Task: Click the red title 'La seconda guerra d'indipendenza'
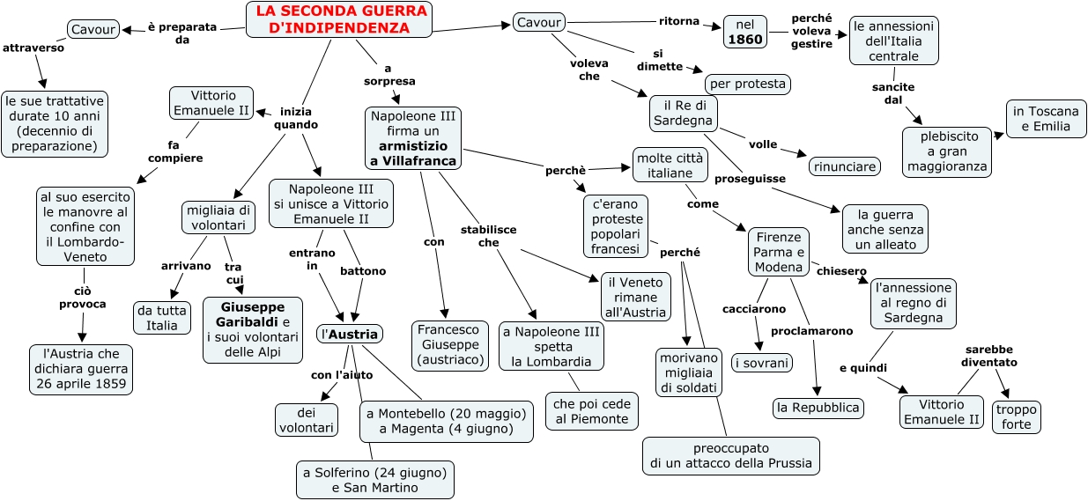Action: (340, 19)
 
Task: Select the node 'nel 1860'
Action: (745, 32)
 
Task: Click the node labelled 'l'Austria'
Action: (350, 334)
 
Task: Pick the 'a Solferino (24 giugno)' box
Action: (375, 480)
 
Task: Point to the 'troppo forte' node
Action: (1017, 416)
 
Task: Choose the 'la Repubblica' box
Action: (818, 408)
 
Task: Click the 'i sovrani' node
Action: (762, 362)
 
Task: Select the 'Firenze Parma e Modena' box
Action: (779, 253)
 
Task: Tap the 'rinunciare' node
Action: (845, 166)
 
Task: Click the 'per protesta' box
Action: (747, 84)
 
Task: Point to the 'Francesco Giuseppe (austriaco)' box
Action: (450, 345)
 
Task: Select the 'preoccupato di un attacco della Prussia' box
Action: (731, 456)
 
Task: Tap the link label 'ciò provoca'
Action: (84, 298)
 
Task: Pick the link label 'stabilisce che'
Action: (489, 235)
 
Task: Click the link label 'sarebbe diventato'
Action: (989, 355)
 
